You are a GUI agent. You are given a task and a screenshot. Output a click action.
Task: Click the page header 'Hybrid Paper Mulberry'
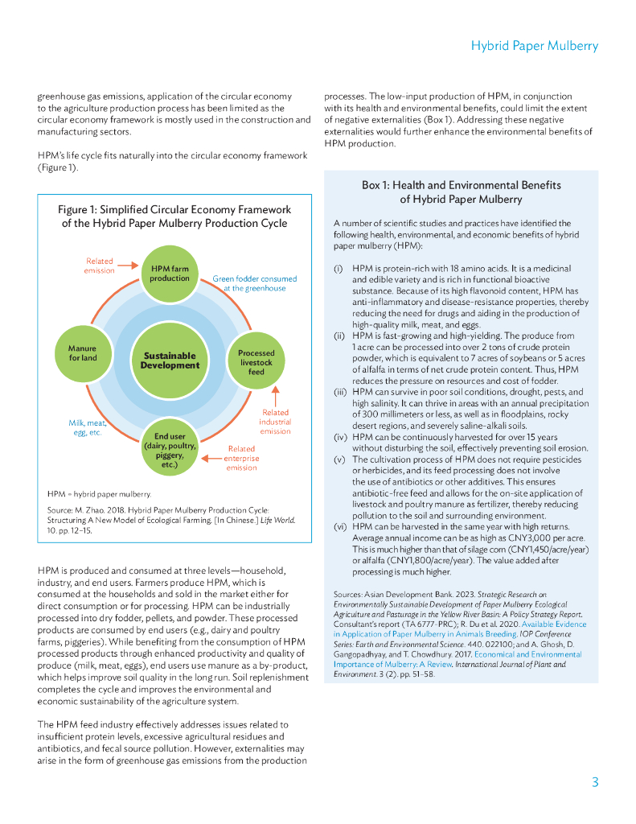tap(534, 46)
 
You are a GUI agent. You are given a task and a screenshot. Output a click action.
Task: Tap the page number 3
tap(594, 782)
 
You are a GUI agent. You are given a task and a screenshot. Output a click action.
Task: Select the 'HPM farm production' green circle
tap(170, 273)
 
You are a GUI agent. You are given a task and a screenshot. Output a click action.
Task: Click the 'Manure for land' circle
tap(82, 353)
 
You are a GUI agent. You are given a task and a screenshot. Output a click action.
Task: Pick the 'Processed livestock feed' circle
tap(256, 362)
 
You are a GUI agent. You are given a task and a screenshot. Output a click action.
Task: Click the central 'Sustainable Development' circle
tap(170, 360)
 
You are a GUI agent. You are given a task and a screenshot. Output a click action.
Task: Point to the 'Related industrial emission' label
tap(275, 422)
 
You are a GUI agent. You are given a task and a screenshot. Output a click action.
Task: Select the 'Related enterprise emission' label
tap(241, 458)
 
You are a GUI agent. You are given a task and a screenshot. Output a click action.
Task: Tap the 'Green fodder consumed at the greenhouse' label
tap(254, 283)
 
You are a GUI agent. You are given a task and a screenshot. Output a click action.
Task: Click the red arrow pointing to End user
tap(211, 458)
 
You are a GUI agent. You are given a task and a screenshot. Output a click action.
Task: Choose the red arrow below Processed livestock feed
tap(275, 397)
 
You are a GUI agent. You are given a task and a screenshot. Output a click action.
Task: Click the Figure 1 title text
tap(174, 216)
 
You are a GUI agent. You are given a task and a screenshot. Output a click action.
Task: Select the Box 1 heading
tap(461, 192)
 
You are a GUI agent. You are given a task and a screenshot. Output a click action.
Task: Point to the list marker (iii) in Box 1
tap(339, 392)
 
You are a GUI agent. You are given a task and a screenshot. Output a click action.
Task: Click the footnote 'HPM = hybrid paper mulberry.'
tap(100, 493)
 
